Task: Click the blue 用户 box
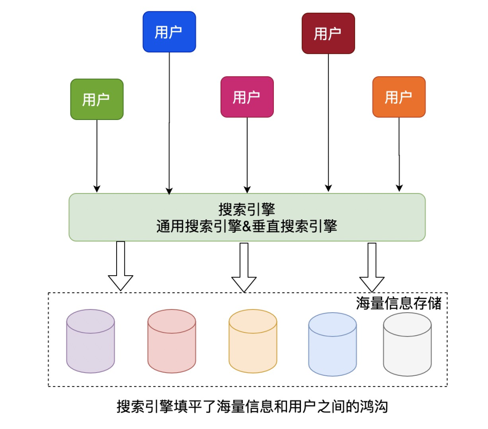[169, 32]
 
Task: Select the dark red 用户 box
[328, 33]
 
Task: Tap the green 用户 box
[97, 99]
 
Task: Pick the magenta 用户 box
[247, 97]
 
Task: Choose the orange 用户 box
[399, 97]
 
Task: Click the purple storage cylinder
[90, 341]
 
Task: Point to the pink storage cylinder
[172, 341]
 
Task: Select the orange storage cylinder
[253, 341]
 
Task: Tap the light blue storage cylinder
[333, 344]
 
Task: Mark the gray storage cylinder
[408, 344]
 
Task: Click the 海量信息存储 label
[399, 303]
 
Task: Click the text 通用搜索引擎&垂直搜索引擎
[247, 226]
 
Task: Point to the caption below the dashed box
[253, 406]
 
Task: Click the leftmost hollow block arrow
[121, 266]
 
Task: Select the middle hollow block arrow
[244, 268]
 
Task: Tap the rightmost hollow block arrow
[372, 268]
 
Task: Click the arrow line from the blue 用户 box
[169, 123]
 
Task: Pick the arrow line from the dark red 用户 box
[328, 123]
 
